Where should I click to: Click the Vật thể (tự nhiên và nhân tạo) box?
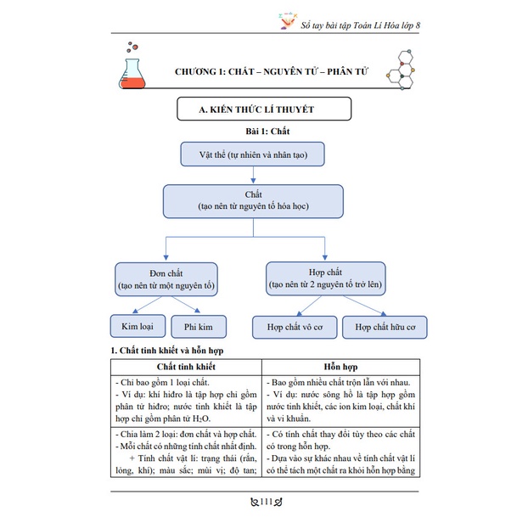coord(253,155)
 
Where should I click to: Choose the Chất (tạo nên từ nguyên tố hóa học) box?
coord(253,200)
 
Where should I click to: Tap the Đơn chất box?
coord(166,280)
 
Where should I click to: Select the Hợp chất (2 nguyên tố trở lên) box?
coord(326,280)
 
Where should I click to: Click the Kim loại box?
coord(138,326)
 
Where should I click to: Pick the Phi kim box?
coord(199,326)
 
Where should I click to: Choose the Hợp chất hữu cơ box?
coord(384,327)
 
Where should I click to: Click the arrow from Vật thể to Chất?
coord(253,175)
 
